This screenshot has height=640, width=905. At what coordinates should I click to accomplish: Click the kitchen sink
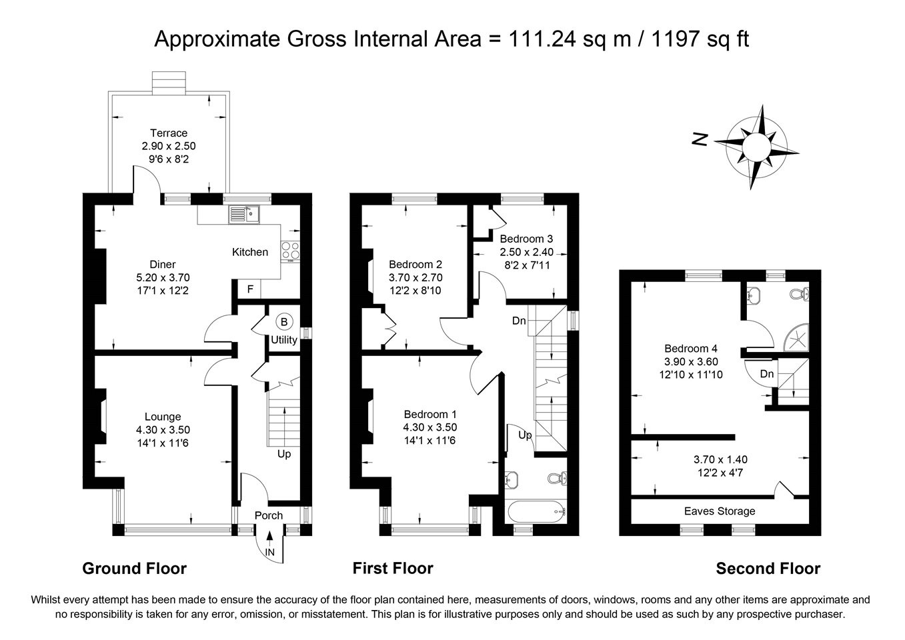[245, 215]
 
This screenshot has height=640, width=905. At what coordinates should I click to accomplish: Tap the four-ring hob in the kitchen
[291, 250]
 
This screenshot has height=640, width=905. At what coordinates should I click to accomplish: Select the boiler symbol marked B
[284, 322]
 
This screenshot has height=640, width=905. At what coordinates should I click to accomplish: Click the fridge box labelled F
[249, 289]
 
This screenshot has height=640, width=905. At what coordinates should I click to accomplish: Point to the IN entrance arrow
[270, 539]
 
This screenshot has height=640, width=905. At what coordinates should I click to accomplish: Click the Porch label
[269, 515]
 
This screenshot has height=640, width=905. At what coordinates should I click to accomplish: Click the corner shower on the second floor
[797, 337]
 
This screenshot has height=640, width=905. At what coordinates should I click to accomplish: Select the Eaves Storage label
[720, 511]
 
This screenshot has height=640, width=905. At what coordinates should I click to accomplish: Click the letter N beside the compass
[700, 139]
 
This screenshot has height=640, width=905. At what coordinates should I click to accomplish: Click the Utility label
[284, 340]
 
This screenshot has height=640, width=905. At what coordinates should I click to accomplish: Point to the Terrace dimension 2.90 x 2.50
[169, 146]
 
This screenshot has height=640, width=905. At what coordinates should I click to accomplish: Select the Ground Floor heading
[135, 569]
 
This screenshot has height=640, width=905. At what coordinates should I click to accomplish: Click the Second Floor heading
[768, 569]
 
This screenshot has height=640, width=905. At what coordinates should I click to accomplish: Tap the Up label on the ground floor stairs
[284, 454]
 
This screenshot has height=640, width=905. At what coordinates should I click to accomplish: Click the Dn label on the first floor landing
[519, 321]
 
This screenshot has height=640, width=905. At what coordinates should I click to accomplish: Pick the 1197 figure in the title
[675, 39]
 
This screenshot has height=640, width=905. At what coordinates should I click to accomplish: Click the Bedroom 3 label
[526, 239]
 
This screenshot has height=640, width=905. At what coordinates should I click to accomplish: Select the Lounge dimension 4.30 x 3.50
[163, 429]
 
